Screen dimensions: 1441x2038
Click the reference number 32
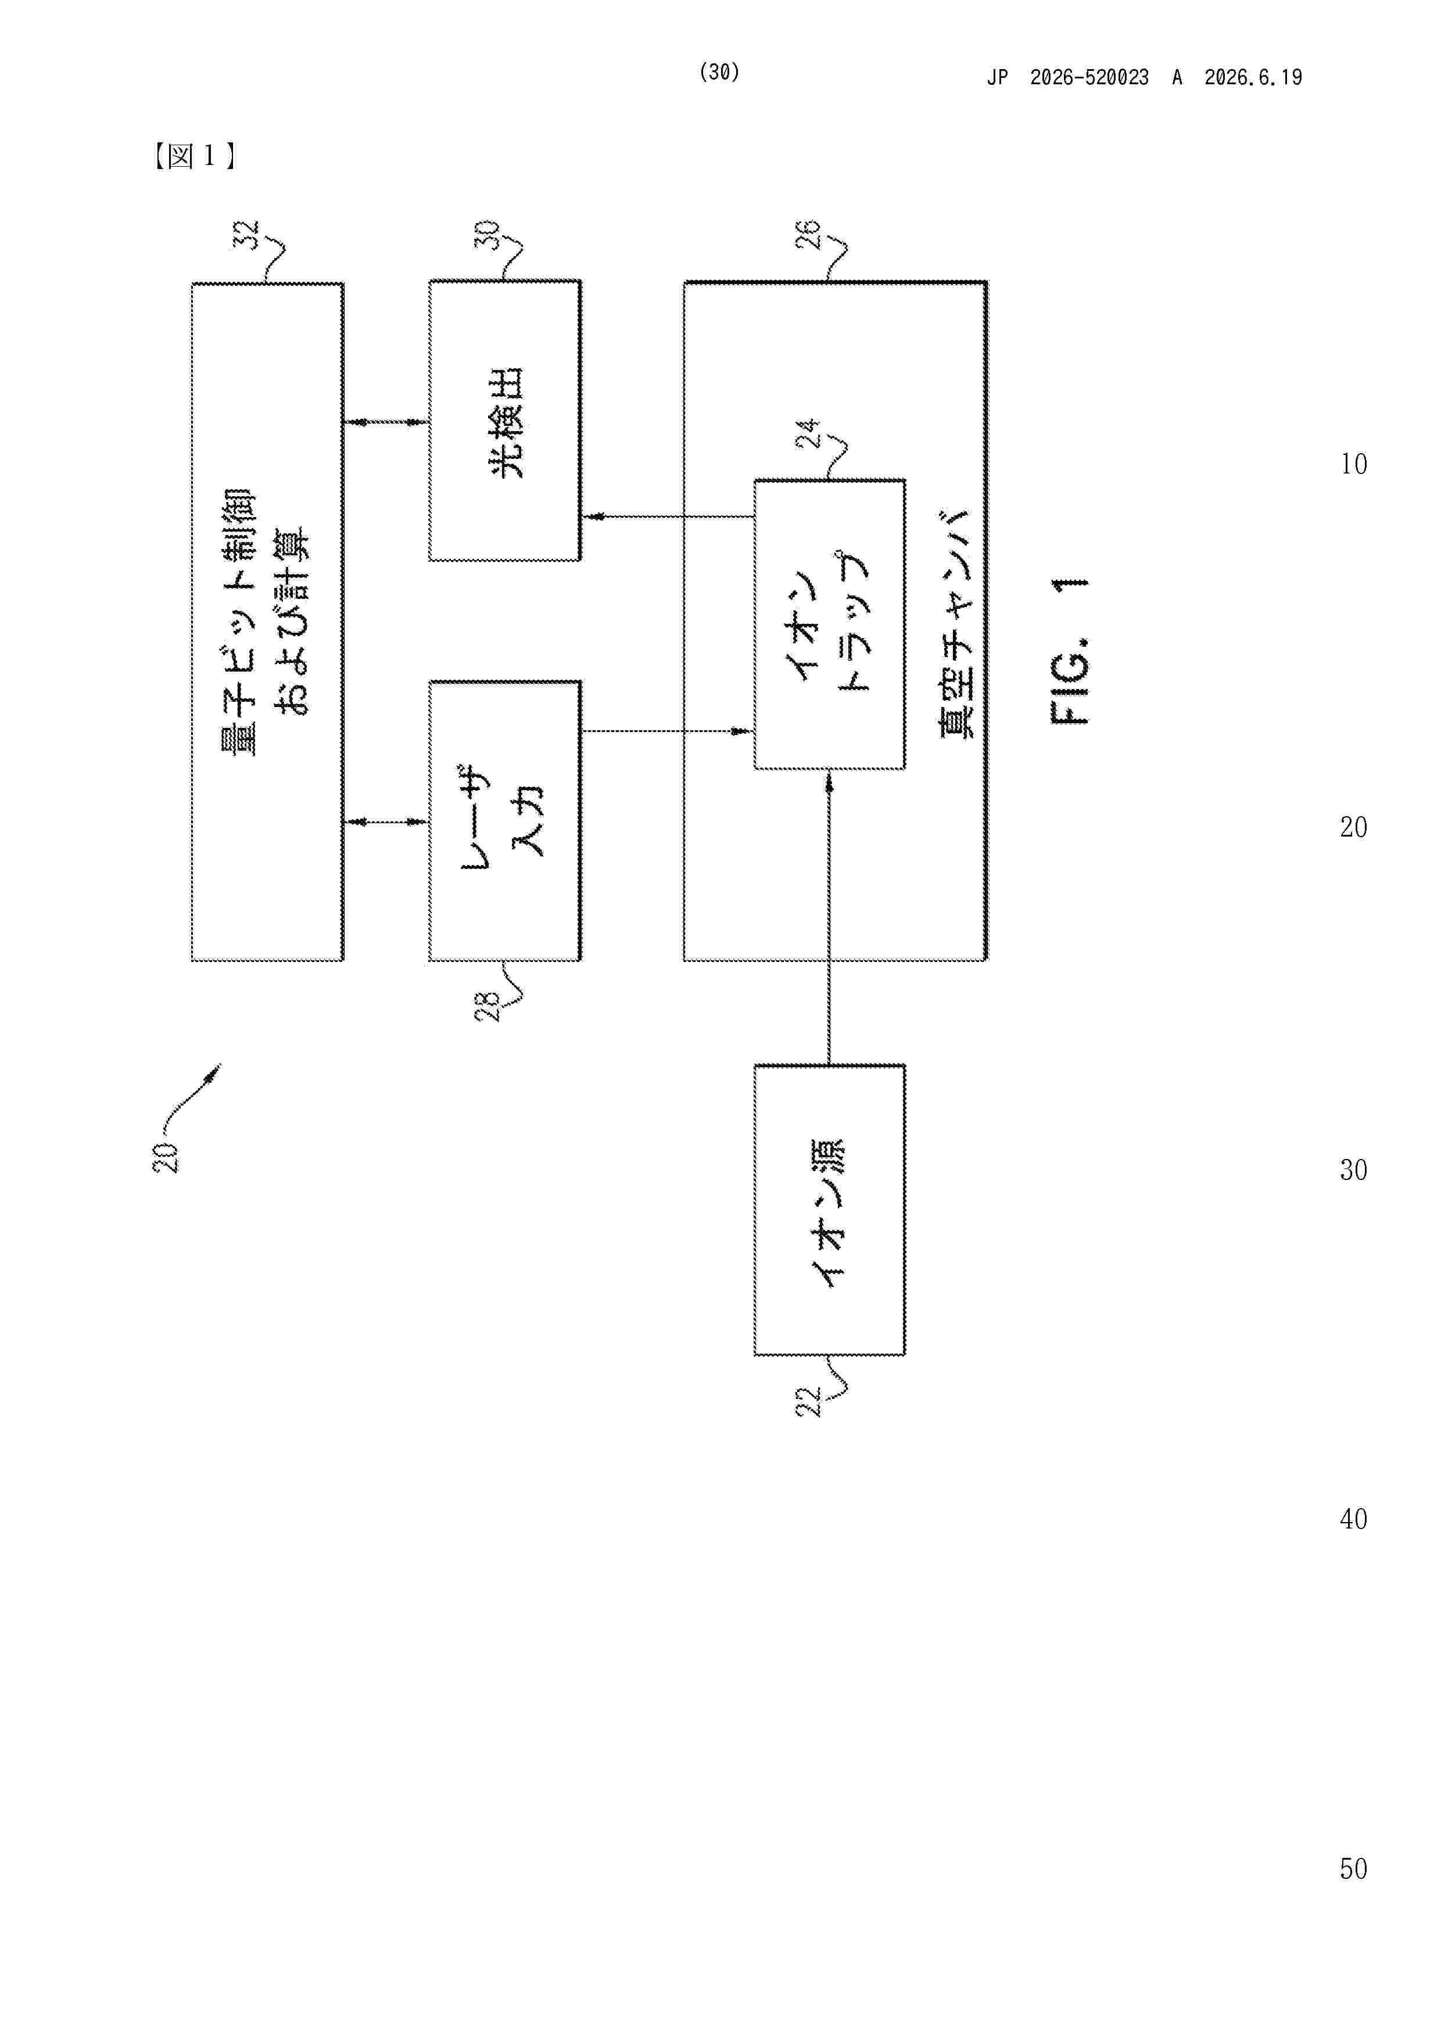[x=246, y=235]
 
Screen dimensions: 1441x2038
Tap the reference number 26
[x=808, y=235]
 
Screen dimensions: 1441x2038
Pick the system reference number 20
[x=166, y=1157]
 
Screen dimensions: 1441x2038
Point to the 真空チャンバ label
[x=956, y=623]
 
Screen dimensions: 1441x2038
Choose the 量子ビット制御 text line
[x=239, y=622]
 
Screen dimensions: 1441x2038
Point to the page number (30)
[x=719, y=72]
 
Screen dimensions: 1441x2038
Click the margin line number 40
[x=1353, y=1519]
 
